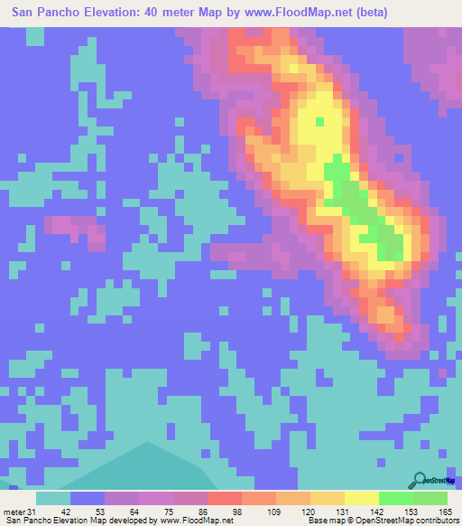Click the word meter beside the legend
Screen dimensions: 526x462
point(14,512)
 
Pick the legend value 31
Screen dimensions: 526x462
point(32,512)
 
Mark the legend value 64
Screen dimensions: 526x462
point(120,512)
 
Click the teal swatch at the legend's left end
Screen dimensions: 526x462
point(53,498)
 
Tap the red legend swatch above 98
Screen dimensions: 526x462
point(224,498)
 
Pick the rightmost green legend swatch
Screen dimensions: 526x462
point(430,498)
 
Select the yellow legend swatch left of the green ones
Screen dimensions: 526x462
point(362,498)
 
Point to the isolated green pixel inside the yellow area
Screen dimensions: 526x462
point(319,121)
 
